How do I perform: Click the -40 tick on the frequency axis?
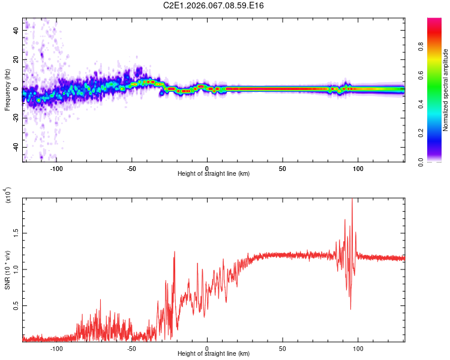click(15, 148)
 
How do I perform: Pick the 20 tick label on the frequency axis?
click(16, 59)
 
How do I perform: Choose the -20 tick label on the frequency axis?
click(15, 118)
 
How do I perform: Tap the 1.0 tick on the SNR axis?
click(16, 268)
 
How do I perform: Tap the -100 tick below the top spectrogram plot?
click(56, 169)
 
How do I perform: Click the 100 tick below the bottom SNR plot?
click(358, 349)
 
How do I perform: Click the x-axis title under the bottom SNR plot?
click(214, 355)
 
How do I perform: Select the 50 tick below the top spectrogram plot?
click(283, 169)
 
